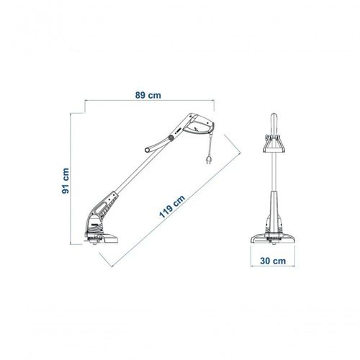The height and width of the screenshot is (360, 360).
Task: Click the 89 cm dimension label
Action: (148, 95)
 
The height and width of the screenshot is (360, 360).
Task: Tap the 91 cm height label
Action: (66, 181)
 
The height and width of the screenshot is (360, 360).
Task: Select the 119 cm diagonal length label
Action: (172, 207)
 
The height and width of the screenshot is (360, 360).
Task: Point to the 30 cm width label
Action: (273, 261)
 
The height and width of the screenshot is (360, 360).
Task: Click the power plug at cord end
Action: (209, 160)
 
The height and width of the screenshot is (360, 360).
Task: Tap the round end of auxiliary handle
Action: (148, 150)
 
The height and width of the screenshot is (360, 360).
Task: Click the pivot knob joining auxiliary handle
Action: (171, 138)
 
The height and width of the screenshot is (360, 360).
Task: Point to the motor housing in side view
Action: (94, 224)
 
